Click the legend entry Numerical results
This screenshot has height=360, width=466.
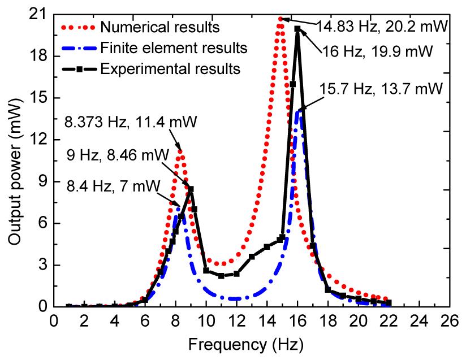coord(160,26)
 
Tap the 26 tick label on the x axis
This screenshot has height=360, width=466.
coord(451,320)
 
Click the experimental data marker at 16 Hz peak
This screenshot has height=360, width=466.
coord(297,29)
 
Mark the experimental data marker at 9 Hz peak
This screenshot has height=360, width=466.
coord(191,189)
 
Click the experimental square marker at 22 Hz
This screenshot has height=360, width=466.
coord(389,302)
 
